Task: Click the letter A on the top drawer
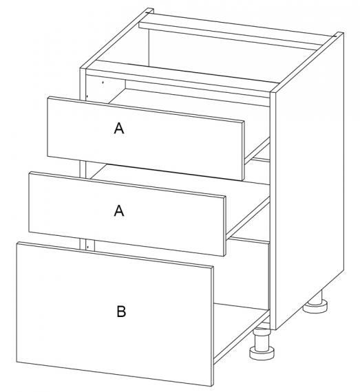click(119, 128)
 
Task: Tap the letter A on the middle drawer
click(119, 210)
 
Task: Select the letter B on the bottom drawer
click(121, 312)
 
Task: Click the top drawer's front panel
click(145, 138)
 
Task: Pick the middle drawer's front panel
click(127, 213)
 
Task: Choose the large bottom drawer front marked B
click(115, 314)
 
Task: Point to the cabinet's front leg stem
click(262, 339)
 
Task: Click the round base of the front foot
click(262, 353)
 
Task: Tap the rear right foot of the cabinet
click(315, 303)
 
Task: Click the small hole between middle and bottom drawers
click(88, 247)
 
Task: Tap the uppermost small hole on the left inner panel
click(103, 82)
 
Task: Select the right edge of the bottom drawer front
click(213, 326)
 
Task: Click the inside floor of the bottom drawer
click(242, 323)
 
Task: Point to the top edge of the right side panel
click(307, 62)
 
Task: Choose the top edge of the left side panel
click(116, 39)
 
